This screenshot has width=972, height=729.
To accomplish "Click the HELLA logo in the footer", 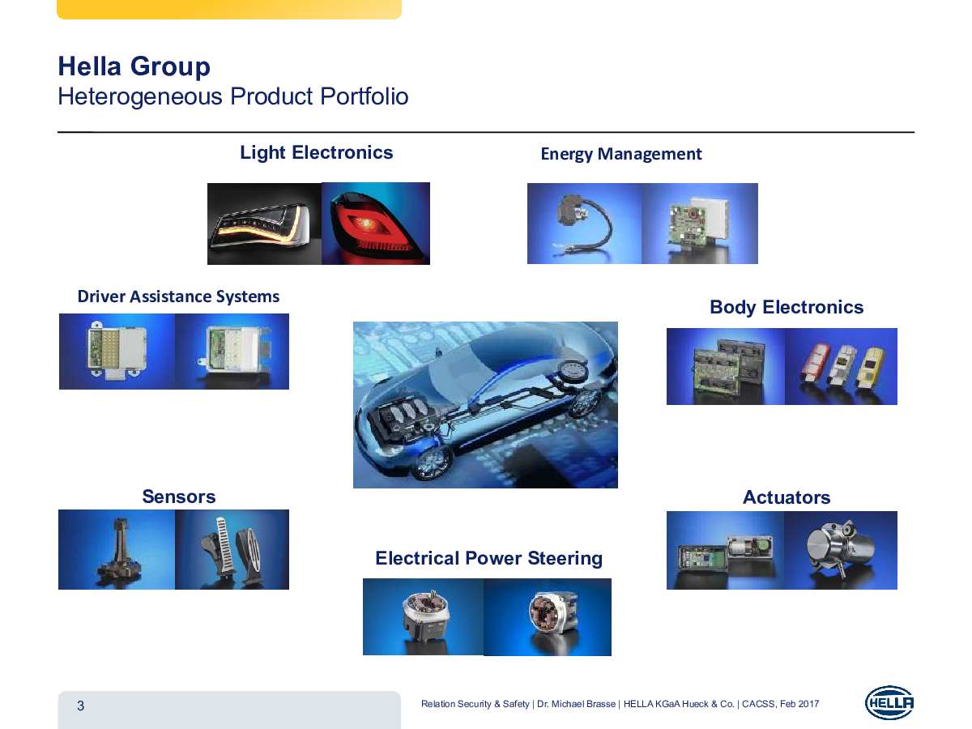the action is click(889, 703).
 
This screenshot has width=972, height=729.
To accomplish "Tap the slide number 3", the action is click(80, 706).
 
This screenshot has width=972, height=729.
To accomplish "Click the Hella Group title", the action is click(134, 66).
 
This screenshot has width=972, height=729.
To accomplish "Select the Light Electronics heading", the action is click(316, 153).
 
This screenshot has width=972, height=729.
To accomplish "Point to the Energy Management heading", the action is click(620, 154).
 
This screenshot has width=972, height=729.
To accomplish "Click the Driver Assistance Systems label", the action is click(178, 296).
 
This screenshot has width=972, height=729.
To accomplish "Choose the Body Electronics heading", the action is click(787, 307).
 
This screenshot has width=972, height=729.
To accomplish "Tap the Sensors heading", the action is click(178, 497).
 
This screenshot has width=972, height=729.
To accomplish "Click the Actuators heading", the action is click(786, 497).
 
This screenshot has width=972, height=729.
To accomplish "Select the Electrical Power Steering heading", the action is click(489, 558).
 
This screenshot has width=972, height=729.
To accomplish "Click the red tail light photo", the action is click(376, 224).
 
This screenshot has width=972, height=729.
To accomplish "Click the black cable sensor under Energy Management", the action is click(584, 226).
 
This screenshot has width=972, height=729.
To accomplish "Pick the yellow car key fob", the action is click(870, 367).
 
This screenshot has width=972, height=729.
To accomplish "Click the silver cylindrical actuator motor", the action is click(840, 548).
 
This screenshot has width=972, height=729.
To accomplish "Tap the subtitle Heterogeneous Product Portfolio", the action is click(233, 96).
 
